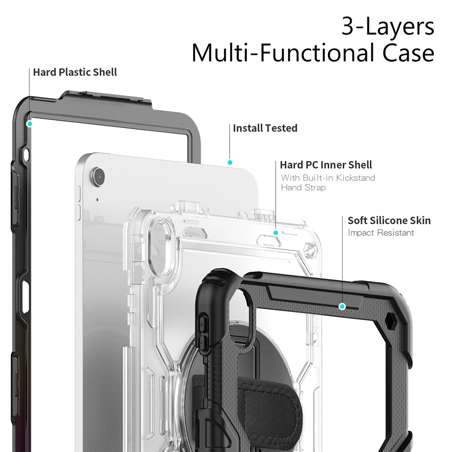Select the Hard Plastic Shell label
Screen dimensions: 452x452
pyautogui.click(x=75, y=72)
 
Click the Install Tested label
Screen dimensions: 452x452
pyautogui.click(x=265, y=128)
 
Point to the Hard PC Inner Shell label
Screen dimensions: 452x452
pyautogui.click(x=326, y=165)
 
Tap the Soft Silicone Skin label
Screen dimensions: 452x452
pyautogui.click(x=389, y=221)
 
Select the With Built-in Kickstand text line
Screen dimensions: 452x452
pyautogui.click(x=328, y=178)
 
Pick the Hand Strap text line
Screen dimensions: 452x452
pyautogui.click(x=303, y=188)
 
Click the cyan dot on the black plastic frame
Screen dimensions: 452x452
pyautogui.click(x=30, y=123)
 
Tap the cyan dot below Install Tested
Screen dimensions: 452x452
pyautogui.click(x=230, y=162)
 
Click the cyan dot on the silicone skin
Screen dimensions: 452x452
pyautogui.click(x=342, y=306)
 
